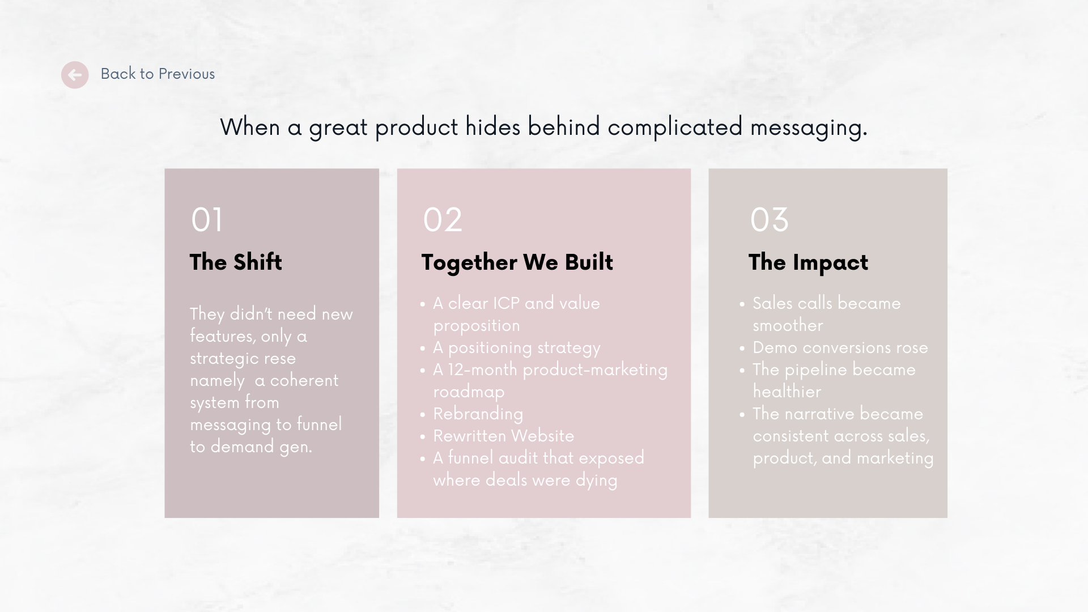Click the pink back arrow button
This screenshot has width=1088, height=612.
click(x=75, y=75)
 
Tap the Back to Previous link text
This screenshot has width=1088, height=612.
click(x=158, y=74)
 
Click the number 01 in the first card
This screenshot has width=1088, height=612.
click(x=207, y=220)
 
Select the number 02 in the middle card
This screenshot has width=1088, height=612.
click(x=443, y=220)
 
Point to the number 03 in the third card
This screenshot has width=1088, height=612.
click(x=769, y=220)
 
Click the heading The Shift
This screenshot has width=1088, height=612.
click(x=236, y=262)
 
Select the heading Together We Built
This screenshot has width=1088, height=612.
click(x=517, y=262)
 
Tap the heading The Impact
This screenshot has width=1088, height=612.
click(x=808, y=262)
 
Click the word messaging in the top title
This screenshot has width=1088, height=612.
click(x=808, y=127)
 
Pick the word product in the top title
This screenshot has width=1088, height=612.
click(x=416, y=127)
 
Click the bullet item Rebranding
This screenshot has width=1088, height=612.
click(x=478, y=414)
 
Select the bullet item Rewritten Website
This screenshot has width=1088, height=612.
click(x=503, y=436)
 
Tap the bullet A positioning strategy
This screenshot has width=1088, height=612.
click(x=516, y=348)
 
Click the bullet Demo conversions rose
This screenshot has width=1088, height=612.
click(x=840, y=348)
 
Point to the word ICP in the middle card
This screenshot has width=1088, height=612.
click(x=505, y=304)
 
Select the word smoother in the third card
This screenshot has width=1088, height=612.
click(x=788, y=326)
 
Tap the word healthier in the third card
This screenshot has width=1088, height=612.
click(x=787, y=392)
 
